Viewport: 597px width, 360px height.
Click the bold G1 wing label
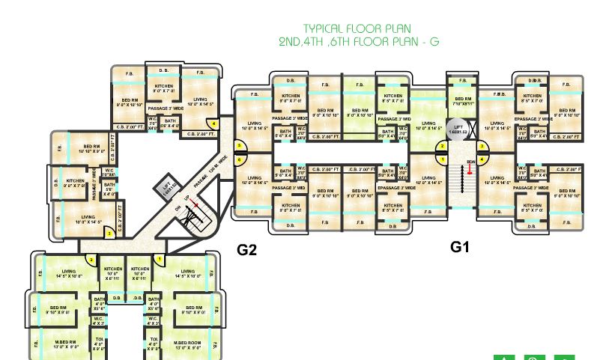pos(459,245)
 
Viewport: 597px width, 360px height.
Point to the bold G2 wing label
pos(247,250)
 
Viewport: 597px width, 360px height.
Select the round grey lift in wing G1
pos(458,129)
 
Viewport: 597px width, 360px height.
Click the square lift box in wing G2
pos(169,186)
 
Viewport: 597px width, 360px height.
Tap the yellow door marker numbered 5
pos(240,147)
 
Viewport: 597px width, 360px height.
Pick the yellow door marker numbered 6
pos(240,159)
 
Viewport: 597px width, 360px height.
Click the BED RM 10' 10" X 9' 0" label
pos(91,148)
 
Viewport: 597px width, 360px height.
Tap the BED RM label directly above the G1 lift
pos(461,101)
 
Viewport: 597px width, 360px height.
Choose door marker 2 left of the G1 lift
pos(443,147)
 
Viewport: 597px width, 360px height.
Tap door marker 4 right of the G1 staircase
pos(483,159)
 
